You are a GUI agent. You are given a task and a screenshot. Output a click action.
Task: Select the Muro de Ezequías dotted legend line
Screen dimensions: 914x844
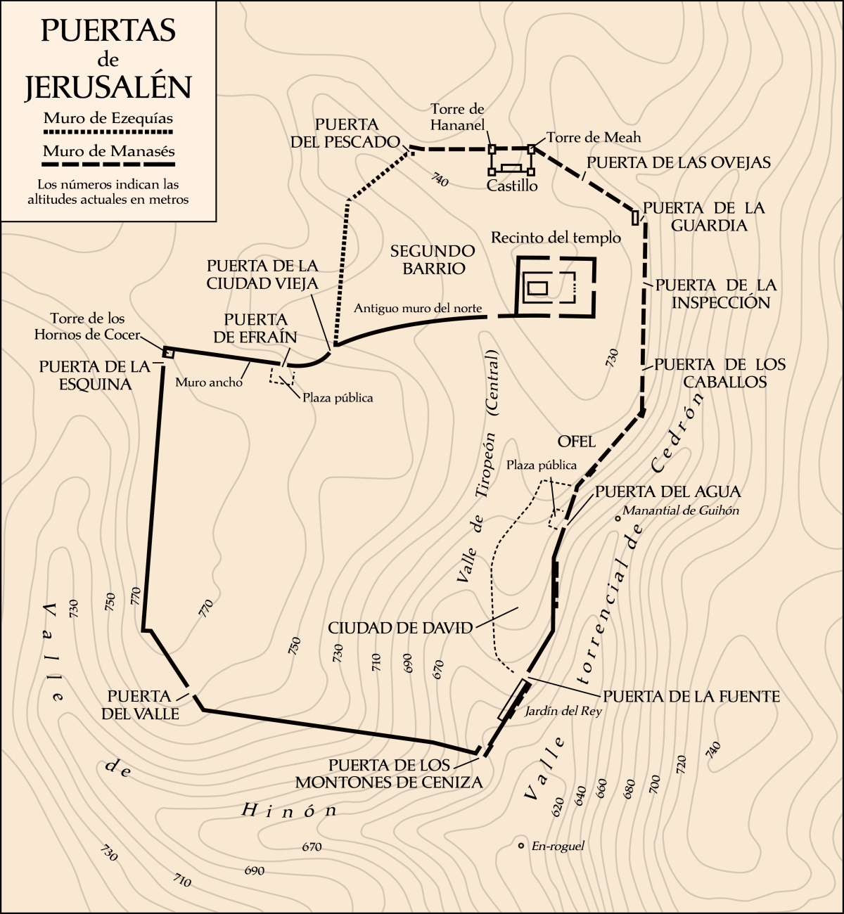(x=108, y=132)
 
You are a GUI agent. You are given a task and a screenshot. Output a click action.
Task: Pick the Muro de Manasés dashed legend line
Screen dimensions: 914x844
(x=108, y=165)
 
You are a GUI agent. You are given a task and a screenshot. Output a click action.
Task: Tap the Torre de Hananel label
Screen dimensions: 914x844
(x=458, y=117)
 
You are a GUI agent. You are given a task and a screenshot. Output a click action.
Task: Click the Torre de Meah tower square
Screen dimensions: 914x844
(x=532, y=148)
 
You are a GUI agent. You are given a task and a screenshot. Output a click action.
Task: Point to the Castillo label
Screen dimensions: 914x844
(x=512, y=186)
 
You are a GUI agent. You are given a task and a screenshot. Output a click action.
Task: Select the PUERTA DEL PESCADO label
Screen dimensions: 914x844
(x=345, y=133)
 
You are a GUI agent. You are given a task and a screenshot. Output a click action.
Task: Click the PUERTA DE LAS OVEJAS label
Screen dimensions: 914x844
(x=679, y=162)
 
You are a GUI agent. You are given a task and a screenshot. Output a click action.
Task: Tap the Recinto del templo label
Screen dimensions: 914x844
(x=556, y=238)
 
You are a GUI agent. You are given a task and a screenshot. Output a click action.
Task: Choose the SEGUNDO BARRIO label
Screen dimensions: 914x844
(x=433, y=259)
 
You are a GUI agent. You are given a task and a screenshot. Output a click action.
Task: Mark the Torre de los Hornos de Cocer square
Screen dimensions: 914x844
(x=169, y=352)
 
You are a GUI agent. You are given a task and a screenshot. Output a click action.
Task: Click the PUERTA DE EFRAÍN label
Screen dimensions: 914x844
(x=255, y=328)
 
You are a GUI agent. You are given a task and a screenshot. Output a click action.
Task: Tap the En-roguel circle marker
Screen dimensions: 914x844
(x=520, y=846)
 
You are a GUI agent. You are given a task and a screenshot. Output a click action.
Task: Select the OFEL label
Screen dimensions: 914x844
(x=577, y=442)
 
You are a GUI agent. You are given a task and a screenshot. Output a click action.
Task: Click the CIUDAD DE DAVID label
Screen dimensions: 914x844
(x=400, y=628)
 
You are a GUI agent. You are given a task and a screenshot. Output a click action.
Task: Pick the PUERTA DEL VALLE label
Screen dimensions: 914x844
(x=140, y=704)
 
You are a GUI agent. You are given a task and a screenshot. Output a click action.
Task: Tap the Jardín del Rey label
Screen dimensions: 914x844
(x=563, y=711)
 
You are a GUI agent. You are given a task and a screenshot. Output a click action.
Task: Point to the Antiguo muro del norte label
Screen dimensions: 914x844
(x=418, y=308)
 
